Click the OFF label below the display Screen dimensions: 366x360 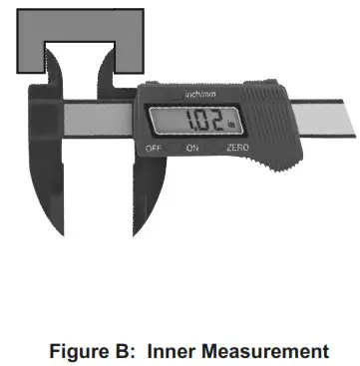tap(154, 147)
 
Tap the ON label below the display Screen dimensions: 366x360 tap(193, 147)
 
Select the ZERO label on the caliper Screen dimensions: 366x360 tap(236, 147)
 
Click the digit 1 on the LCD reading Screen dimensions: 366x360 tap(180, 123)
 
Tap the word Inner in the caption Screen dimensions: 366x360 tap(176, 351)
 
